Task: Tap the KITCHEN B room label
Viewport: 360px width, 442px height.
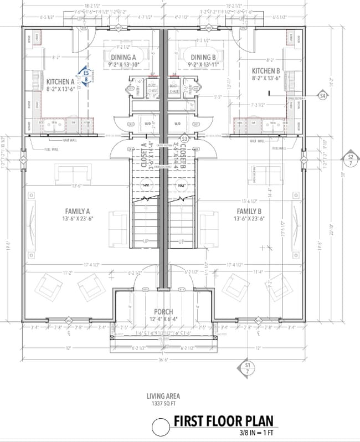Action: [266, 71]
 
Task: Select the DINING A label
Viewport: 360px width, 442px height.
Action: [123, 57]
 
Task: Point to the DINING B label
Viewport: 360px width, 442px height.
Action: [204, 57]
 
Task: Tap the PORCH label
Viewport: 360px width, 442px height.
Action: [164, 312]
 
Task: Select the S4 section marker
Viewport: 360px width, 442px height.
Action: [322, 96]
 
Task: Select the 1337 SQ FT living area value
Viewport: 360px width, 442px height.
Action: [164, 404]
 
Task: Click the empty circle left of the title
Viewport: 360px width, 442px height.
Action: [160, 426]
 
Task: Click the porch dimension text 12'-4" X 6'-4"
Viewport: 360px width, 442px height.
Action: [164, 319]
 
